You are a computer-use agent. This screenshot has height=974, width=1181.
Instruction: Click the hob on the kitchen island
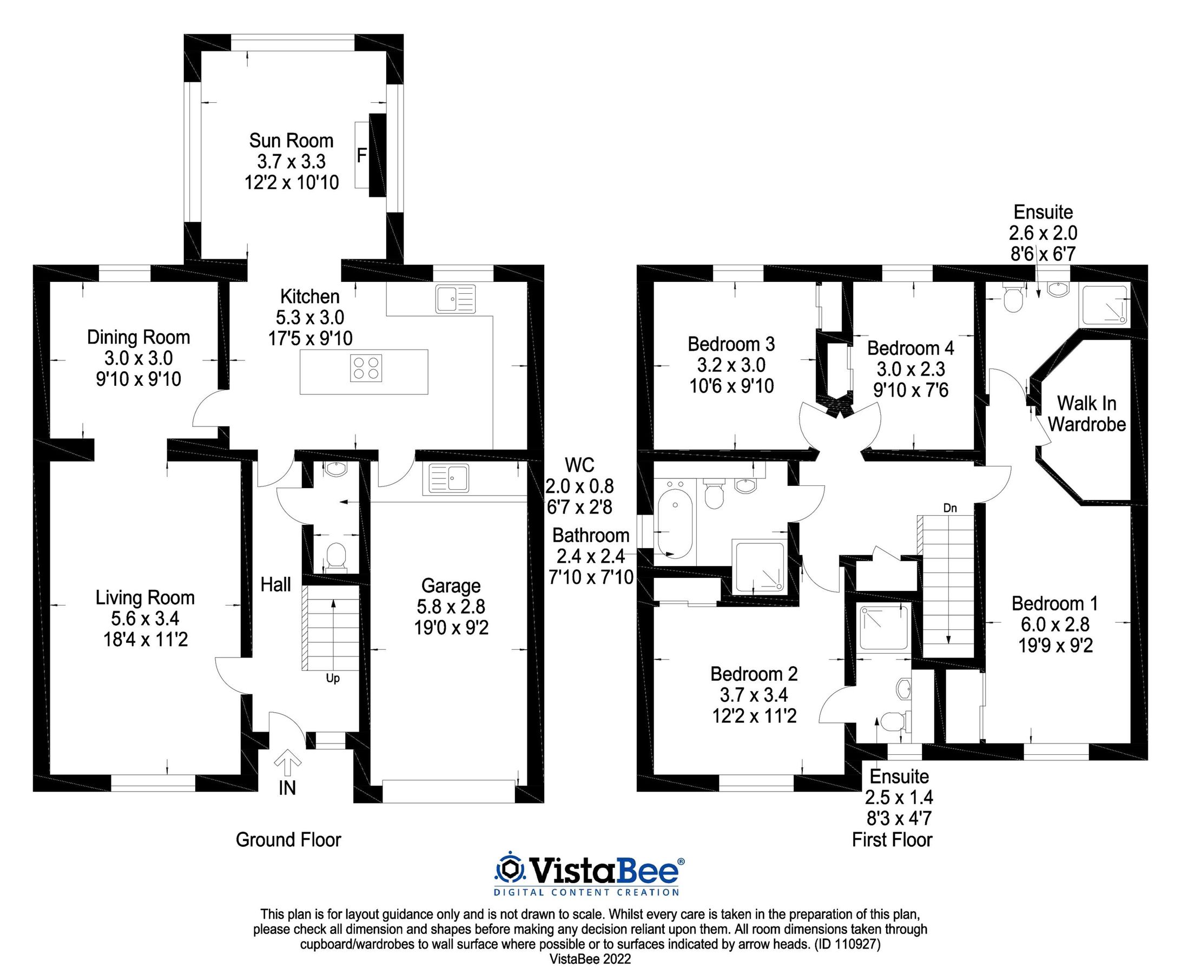point(365,368)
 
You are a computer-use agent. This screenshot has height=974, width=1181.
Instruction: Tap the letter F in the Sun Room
point(362,155)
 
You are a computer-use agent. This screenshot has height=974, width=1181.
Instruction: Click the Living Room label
point(145,597)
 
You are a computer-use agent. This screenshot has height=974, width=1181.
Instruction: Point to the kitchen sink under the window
point(455,299)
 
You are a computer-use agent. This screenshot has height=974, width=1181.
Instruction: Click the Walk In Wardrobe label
point(1086,413)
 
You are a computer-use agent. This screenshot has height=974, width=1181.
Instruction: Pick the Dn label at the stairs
point(949,508)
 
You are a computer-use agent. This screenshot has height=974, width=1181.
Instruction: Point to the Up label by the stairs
point(333,679)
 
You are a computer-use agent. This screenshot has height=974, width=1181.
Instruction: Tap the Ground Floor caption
point(288,840)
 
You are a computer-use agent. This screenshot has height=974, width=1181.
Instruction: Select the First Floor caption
point(892,840)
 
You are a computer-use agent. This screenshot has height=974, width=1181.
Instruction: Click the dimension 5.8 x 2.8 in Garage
point(451,607)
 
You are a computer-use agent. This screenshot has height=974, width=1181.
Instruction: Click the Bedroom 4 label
point(910,348)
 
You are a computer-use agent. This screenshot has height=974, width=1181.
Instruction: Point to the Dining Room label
point(138,337)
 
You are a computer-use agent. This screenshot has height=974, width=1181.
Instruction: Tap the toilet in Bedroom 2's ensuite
point(893,721)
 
